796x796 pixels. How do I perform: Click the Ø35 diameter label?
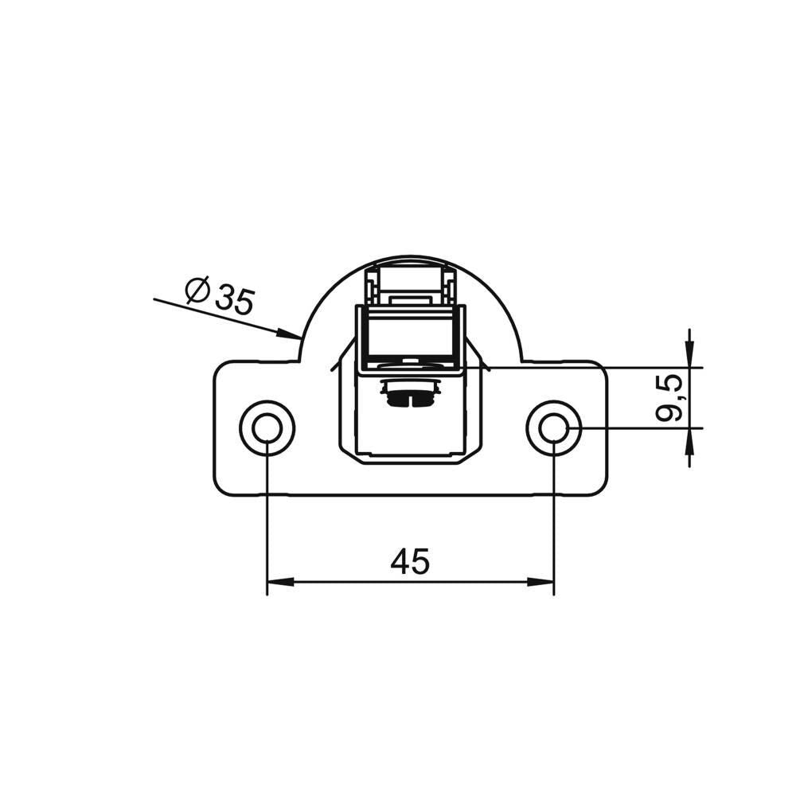click(219, 296)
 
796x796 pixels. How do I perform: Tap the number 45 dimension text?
click(410, 561)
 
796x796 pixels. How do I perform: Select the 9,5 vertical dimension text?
click(669, 398)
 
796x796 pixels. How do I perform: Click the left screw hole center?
click(267, 428)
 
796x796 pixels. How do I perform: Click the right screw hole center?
click(554, 428)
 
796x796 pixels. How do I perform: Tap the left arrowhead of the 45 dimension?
click(280, 583)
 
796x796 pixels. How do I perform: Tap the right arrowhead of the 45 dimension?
click(540, 583)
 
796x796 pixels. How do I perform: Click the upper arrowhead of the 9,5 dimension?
click(689, 353)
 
